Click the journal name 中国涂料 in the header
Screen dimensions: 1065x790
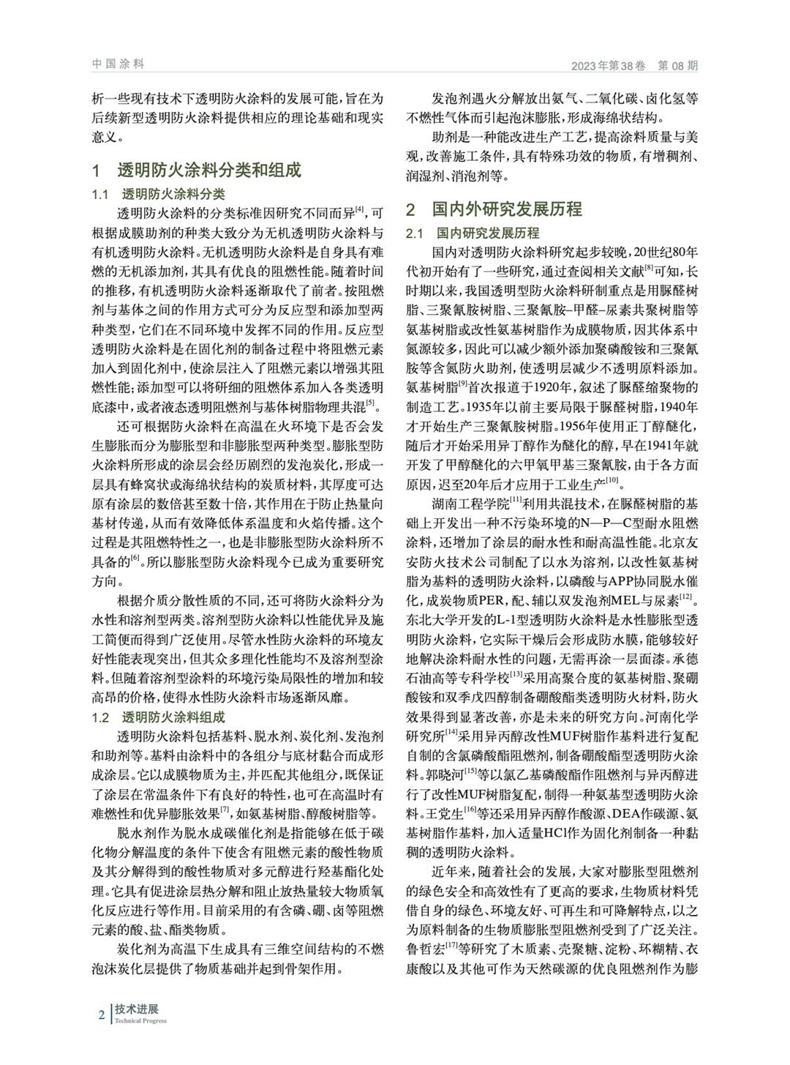[118, 64]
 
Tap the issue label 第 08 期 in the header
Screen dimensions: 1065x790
[678, 66]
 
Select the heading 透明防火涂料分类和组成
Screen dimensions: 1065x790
[209, 171]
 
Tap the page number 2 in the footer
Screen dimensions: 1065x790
[102, 1014]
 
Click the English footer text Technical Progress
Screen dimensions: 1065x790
[140, 1021]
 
